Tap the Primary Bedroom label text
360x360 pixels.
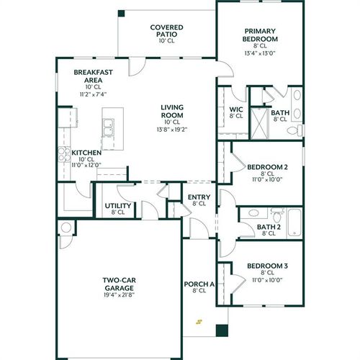[x=261, y=35]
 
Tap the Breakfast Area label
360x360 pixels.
[x=91, y=77]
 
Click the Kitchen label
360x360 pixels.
[x=86, y=153]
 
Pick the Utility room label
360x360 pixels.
[x=117, y=206]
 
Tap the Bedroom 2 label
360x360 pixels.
[x=267, y=167]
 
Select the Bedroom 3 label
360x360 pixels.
[x=267, y=266]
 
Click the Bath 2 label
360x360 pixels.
[x=269, y=227]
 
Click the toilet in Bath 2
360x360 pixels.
[x=276, y=214]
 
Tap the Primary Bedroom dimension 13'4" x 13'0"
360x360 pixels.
[x=261, y=53]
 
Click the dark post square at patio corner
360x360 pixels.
[x=121, y=13]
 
